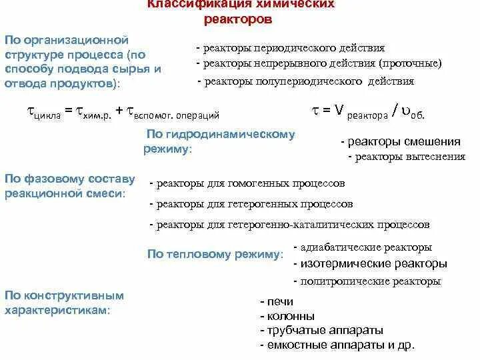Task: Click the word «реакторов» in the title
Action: (x=238, y=20)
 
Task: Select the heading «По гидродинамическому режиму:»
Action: (x=220, y=141)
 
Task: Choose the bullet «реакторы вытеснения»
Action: (x=410, y=157)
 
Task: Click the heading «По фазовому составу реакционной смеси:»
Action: (x=70, y=185)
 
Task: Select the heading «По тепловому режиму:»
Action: (x=215, y=254)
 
